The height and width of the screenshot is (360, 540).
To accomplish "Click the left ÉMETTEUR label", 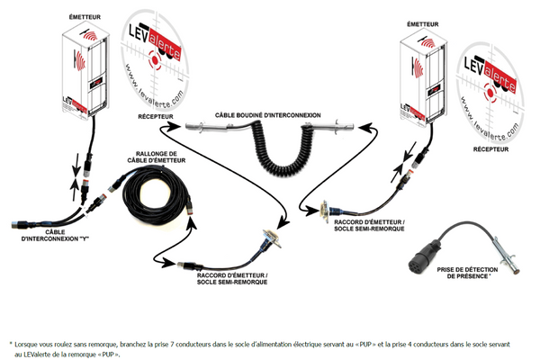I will [86, 15].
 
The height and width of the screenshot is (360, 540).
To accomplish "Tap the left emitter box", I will [86, 76].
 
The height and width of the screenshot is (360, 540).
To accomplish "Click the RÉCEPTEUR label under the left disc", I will [155, 116].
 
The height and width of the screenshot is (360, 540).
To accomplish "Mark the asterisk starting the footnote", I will [12, 344].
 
